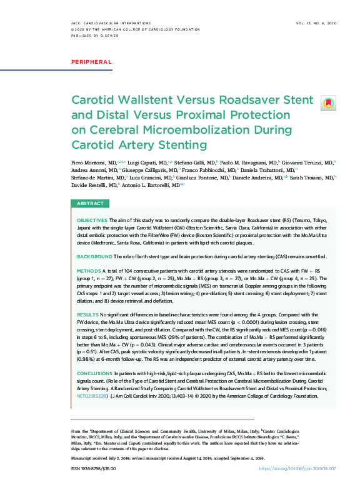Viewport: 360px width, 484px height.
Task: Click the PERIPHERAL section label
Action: (91, 62)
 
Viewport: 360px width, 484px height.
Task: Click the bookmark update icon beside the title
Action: (327, 102)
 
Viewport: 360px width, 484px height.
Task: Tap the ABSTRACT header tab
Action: (90, 204)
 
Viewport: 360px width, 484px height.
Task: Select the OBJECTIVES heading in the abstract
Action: (92, 221)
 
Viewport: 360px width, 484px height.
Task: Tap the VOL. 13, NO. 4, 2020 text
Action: (316, 23)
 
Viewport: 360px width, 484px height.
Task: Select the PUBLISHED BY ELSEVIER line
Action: (94, 36)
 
